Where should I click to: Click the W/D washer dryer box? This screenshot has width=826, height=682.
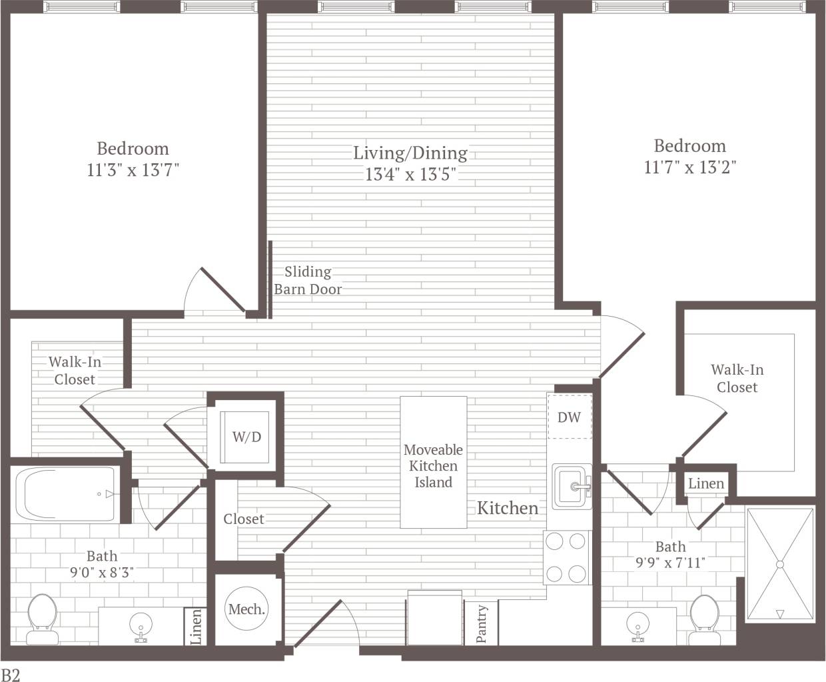coord(246,437)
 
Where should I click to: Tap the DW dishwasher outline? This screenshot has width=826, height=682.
coord(569,417)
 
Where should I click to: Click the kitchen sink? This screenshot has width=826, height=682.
coord(572,486)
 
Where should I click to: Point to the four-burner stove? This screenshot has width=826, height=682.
coord(567,557)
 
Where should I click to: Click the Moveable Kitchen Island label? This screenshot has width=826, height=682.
coord(433,466)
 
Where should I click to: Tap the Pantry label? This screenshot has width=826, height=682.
coord(482,624)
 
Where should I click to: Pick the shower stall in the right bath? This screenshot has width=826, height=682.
coord(779,564)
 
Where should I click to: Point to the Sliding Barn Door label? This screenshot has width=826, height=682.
coord(308,281)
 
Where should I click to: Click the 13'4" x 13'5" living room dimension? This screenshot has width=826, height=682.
coord(410,175)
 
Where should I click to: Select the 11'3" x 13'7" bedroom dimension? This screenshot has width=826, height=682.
coord(133,170)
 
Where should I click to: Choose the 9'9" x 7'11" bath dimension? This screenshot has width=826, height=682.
coord(670,563)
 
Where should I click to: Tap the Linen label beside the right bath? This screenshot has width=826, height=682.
coord(705,483)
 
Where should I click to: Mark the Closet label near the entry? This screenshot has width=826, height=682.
coord(243,519)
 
